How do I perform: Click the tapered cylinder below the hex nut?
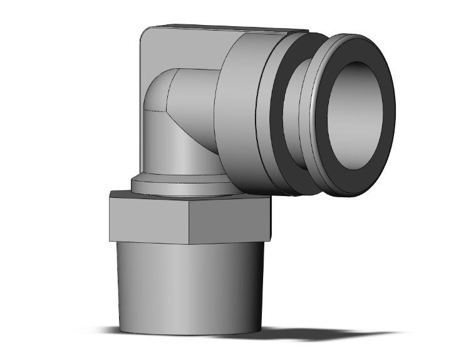click(188, 282)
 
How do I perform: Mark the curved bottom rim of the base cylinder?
click(188, 332)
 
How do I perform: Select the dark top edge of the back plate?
click(225, 28)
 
